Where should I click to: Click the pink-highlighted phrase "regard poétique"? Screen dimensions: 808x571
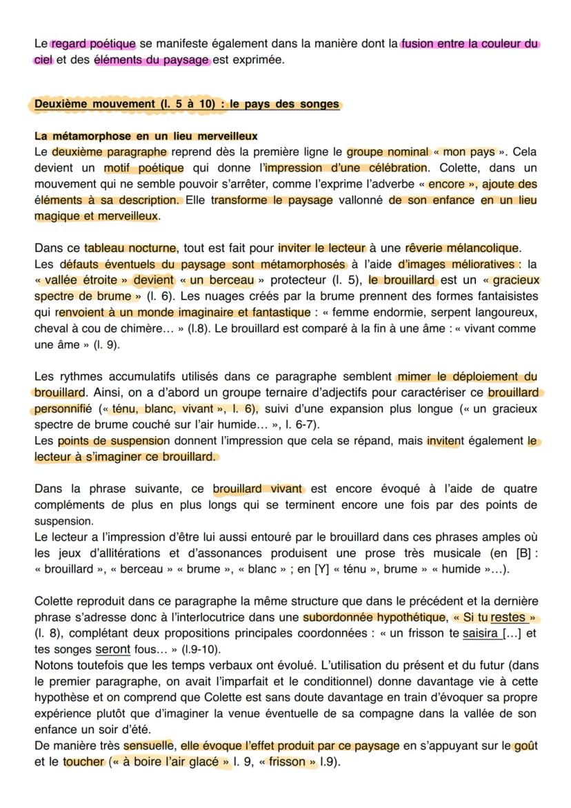[x=93, y=44]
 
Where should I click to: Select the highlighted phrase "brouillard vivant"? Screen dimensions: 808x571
[x=258, y=489]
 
